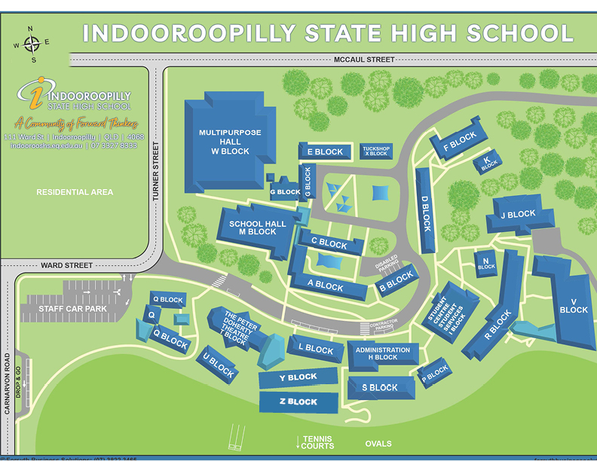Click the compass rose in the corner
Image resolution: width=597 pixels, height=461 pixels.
[x=31, y=44]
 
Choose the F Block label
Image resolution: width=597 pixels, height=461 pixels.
[x=459, y=139]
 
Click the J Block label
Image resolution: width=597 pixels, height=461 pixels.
[x=517, y=215]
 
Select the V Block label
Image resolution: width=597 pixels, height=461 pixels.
[x=573, y=304]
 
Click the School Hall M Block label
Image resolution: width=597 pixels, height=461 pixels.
[x=257, y=228]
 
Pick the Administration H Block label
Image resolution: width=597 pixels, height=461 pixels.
[x=383, y=353]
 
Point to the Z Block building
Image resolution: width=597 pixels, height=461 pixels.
[x=298, y=401]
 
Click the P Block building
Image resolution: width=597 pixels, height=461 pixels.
[x=435, y=371]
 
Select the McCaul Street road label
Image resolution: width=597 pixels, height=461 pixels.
[x=363, y=60]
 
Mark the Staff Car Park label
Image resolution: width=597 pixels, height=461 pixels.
[x=68, y=309]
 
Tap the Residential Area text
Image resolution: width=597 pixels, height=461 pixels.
[x=75, y=192]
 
